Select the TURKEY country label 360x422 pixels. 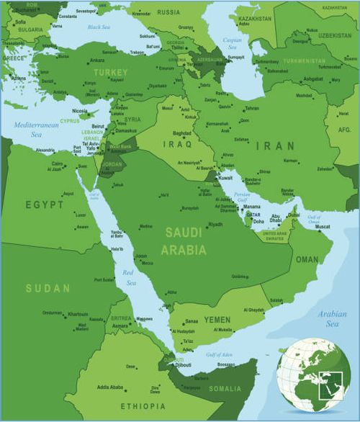[x=110, y=73]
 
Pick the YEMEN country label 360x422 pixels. [x=217, y=319]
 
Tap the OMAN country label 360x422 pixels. [x=307, y=259]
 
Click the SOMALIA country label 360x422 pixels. [x=225, y=389]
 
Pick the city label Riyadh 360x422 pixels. [x=215, y=225]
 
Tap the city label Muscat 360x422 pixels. [x=323, y=227]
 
